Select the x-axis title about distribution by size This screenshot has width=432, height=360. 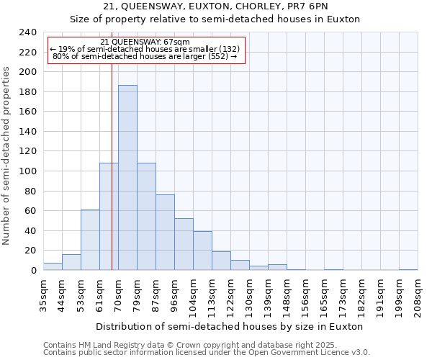230,326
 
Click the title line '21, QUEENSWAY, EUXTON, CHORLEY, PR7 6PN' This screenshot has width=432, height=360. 215,6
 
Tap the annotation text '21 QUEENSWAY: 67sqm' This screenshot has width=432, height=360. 145,42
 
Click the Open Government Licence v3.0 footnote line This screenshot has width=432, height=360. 207,352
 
